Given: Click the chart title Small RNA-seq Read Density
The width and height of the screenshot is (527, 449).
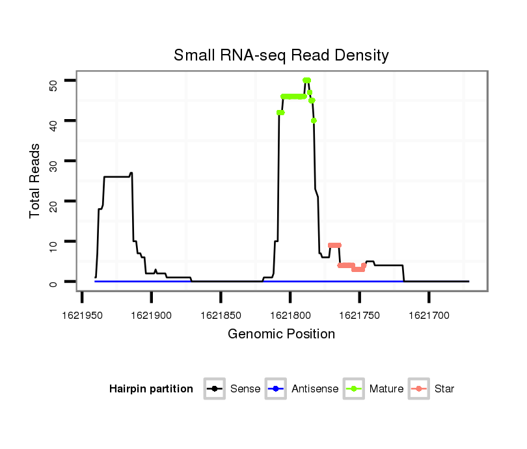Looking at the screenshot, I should [x=281, y=55].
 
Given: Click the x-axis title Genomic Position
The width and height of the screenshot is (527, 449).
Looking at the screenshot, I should [x=281, y=334].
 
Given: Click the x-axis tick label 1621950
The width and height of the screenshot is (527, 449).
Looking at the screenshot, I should [x=82, y=315].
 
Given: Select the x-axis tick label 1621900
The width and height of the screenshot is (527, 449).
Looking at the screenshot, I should [x=151, y=315].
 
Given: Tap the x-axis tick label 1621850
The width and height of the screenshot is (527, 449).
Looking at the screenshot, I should [x=221, y=315].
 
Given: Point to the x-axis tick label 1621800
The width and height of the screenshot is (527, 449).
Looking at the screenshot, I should [x=290, y=315].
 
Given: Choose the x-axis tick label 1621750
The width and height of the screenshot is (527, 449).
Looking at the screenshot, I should [x=360, y=315].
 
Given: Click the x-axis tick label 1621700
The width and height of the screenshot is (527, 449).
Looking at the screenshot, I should [x=429, y=315].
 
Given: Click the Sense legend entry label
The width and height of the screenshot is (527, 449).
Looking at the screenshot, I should [x=245, y=389].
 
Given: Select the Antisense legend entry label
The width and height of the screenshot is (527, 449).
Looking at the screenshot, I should [x=315, y=389].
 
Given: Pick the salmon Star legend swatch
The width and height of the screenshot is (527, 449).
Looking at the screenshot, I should [x=420, y=389].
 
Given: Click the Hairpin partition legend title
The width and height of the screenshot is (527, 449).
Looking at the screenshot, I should [x=151, y=389].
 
